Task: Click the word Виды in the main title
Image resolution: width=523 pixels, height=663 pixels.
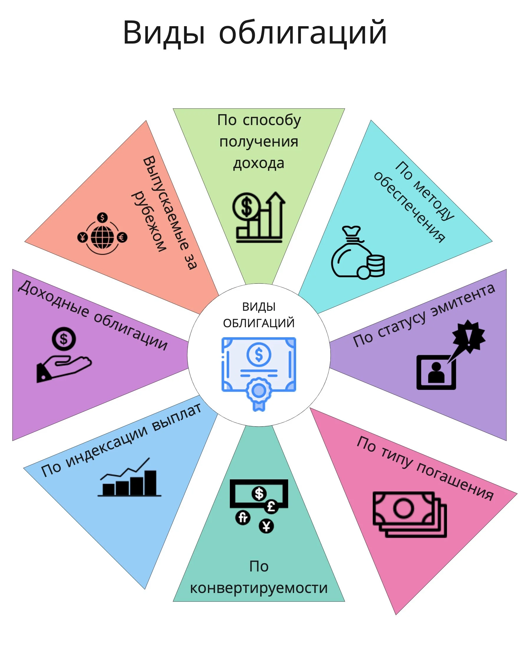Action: click(x=164, y=33)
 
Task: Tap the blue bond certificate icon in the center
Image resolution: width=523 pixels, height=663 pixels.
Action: click(x=259, y=374)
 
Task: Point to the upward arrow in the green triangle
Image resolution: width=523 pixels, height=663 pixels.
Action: click(x=275, y=214)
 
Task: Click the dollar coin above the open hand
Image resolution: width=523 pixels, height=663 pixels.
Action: click(x=64, y=339)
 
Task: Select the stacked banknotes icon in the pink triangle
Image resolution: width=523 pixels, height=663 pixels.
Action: click(x=410, y=514)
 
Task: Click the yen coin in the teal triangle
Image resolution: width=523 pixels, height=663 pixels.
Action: click(x=266, y=526)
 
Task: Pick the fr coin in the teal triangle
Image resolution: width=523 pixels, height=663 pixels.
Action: click(x=243, y=517)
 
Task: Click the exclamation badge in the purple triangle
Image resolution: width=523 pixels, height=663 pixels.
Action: click(x=468, y=337)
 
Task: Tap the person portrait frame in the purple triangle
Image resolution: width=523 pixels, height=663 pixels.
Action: click(x=436, y=372)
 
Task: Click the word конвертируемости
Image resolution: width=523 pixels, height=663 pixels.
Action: click(x=259, y=588)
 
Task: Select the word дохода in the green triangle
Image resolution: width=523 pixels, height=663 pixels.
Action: click(x=259, y=163)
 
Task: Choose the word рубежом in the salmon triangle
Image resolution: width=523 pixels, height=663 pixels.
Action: click(x=149, y=221)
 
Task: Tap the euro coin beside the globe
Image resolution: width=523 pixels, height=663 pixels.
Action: click(x=122, y=237)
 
